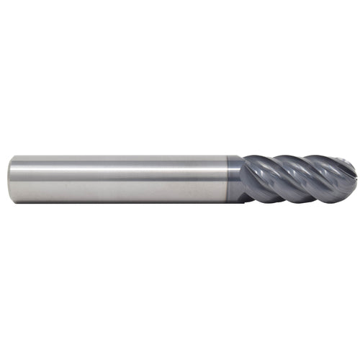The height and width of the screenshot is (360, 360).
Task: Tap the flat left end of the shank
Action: point(11,179)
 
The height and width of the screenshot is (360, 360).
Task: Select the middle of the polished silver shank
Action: point(119,179)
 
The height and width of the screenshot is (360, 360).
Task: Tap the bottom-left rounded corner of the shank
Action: point(12,200)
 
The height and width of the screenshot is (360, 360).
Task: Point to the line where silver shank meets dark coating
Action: point(228,179)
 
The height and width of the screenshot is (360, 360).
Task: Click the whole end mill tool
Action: point(180,179)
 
